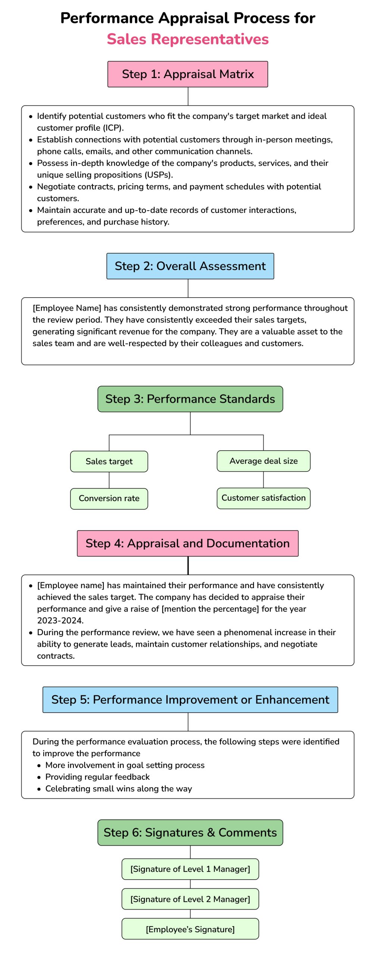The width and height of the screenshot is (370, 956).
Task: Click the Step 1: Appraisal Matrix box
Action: (x=188, y=74)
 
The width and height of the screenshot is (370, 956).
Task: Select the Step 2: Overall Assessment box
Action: (x=190, y=266)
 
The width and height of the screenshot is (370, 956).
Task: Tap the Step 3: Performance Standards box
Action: (x=190, y=399)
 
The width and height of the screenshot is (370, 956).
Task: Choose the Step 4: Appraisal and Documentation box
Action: (x=188, y=543)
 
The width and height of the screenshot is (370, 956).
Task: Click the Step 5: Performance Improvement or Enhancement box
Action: (x=190, y=699)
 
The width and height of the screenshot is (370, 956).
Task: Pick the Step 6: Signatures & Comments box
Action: (x=190, y=832)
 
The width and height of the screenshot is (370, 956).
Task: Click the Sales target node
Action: (x=109, y=461)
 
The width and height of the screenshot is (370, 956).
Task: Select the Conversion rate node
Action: (x=109, y=498)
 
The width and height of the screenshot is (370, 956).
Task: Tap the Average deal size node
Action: (x=263, y=461)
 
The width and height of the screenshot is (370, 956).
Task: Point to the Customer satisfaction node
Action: (x=263, y=498)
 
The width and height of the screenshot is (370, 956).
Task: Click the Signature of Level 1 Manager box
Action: (x=190, y=869)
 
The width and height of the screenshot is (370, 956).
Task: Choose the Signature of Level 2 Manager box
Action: (x=190, y=899)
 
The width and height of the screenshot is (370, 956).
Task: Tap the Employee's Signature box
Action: (x=190, y=929)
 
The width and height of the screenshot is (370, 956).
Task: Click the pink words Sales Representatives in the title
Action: (x=188, y=39)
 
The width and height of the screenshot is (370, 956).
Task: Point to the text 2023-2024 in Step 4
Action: (x=60, y=620)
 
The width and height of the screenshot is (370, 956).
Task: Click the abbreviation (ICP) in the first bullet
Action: (x=112, y=128)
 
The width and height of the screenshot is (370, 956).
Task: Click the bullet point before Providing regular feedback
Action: (x=39, y=777)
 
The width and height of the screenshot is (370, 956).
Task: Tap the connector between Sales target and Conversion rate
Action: (x=109, y=480)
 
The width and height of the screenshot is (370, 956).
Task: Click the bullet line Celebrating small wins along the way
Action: (x=118, y=788)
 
